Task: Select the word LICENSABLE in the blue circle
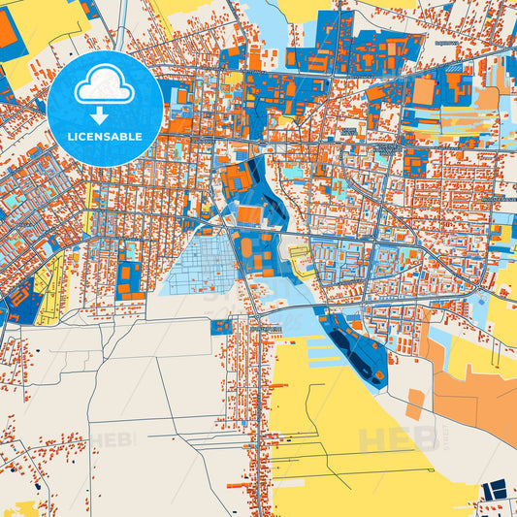[x=104, y=137]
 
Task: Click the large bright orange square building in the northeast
[x=424, y=92]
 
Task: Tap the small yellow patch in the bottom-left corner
[x=24, y=508]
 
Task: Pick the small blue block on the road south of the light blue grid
[x=221, y=327]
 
